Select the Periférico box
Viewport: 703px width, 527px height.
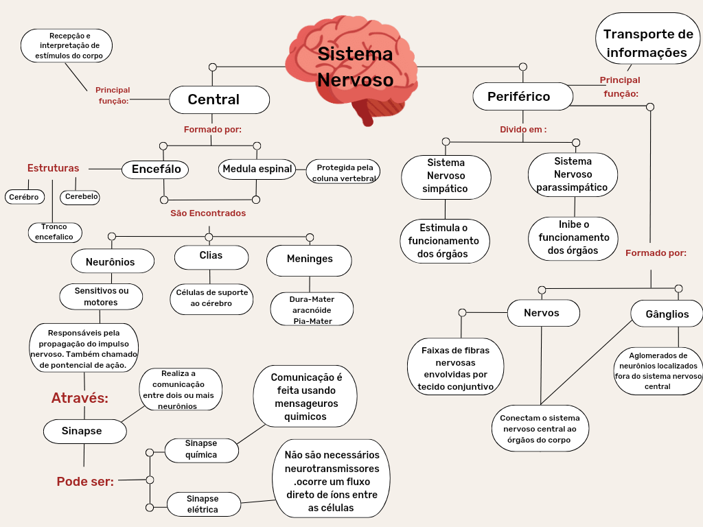(522, 97)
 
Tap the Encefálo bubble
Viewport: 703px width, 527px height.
(156, 169)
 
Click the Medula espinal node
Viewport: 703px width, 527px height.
(257, 169)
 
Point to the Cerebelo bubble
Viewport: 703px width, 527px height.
(80, 197)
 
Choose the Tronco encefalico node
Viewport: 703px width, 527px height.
(55, 232)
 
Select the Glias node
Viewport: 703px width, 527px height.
(211, 257)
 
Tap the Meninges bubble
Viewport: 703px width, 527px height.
(309, 259)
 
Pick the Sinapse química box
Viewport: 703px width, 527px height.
(202, 450)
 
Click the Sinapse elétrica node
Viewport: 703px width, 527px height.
(204, 504)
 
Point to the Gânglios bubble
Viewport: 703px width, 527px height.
(667, 314)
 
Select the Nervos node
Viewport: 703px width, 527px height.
(542, 313)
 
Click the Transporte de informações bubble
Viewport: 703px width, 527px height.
(647, 43)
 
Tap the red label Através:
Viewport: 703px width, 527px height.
(80, 398)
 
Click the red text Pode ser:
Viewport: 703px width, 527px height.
(85, 482)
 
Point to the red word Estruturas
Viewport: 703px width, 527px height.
(53, 168)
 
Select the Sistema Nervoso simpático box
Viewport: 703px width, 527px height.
(446, 176)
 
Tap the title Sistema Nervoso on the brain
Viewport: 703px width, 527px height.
(355, 67)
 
